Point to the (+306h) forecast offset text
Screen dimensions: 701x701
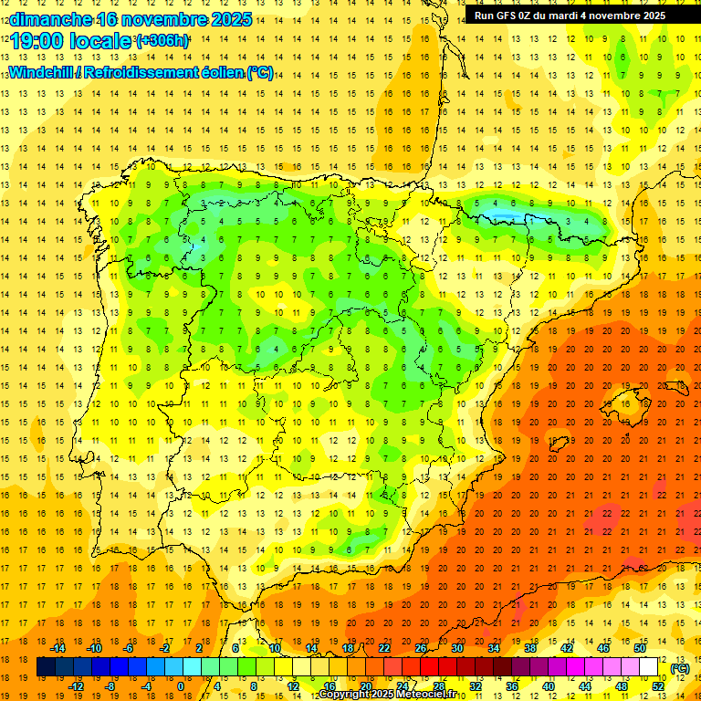(162, 41)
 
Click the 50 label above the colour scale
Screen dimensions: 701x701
(641, 648)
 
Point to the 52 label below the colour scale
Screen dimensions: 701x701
(658, 686)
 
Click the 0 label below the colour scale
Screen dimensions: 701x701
(182, 686)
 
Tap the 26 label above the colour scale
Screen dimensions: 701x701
(421, 648)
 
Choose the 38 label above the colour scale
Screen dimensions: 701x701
(530, 648)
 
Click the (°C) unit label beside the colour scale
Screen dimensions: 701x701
(679, 668)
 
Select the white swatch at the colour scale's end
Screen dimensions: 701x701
(649, 667)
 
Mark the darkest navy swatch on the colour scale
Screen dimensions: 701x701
(46, 667)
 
